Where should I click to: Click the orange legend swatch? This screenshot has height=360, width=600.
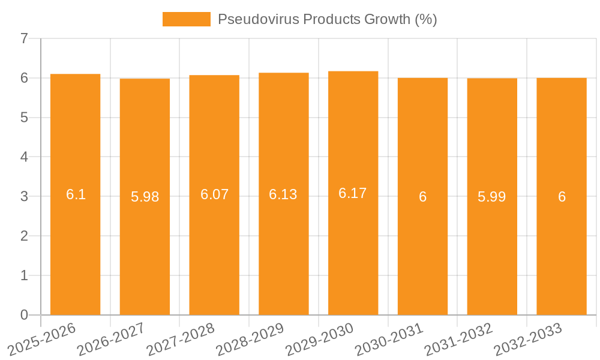pos(187,19)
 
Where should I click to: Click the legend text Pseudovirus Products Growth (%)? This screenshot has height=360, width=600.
pos(327,19)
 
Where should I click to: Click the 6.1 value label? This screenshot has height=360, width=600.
pos(76,194)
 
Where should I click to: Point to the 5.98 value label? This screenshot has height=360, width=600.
pos(145,197)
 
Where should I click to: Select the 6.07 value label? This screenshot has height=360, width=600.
pos(214,194)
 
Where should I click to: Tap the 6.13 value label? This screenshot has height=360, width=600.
pos(283,194)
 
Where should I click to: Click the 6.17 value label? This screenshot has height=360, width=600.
pos(353,193)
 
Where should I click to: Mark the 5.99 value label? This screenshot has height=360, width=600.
pos(492,197)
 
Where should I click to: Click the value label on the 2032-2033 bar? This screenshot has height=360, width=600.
pos(562,197)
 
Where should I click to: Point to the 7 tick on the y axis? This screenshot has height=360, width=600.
pos(24,38)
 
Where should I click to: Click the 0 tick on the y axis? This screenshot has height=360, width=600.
pos(24,315)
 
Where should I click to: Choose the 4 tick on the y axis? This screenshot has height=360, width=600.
pos(24,157)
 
